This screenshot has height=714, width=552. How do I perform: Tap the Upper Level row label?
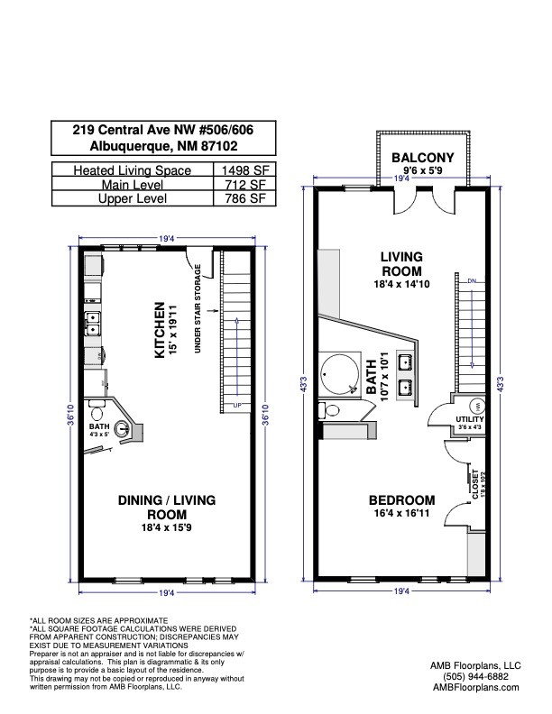coord(132,198)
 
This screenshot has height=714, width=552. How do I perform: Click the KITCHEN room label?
coord(159,330)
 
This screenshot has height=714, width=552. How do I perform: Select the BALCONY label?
coord(422,159)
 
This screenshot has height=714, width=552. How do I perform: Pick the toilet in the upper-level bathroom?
coord(331,411)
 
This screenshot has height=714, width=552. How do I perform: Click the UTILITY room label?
coord(470,420)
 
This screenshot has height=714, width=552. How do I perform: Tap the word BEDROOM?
coord(401,500)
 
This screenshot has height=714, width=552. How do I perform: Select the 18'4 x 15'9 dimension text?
coord(169,526)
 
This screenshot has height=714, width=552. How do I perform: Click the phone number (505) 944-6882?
coord(474,675)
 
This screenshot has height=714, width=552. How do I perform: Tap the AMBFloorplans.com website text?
coord(474,687)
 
